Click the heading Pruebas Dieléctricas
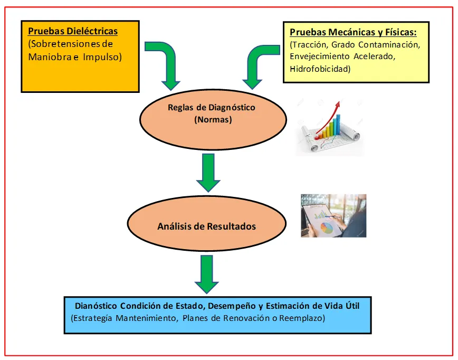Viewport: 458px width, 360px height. tap(73, 31)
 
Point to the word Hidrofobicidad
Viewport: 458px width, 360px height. tap(320, 69)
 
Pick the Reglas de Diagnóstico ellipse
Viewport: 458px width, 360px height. tap(211, 114)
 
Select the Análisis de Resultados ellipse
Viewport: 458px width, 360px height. tap(206, 226)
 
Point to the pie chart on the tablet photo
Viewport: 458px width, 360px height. tap(328, 228)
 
